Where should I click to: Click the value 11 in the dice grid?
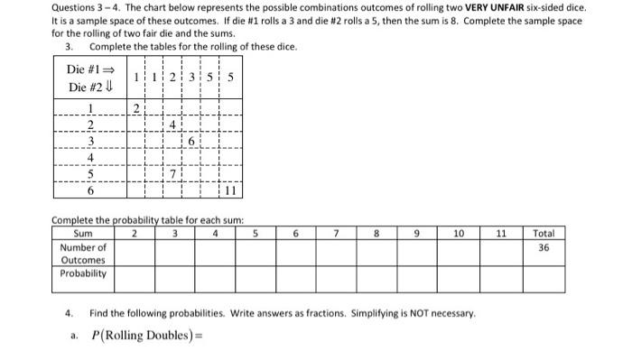[229, 190]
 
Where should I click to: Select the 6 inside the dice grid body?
[191, 142]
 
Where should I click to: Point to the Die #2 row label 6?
[89, 190]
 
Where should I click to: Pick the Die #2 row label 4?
[89, 158]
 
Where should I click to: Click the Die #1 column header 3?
[191, 78]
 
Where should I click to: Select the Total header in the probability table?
[544, 233]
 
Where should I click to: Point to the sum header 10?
[458, 233]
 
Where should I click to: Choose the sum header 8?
[376, 233]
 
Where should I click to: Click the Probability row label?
[83, 272]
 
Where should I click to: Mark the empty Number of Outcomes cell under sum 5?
[256, 252]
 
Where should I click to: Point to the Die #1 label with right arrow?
[91, 69]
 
